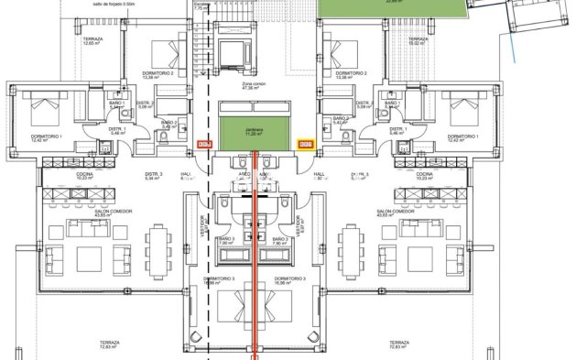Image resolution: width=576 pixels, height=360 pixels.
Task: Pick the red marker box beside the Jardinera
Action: pos(205,144)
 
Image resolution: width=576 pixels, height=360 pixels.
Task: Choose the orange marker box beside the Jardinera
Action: pos(305,144)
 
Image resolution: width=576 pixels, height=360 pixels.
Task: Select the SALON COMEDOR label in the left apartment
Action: pos(114,212)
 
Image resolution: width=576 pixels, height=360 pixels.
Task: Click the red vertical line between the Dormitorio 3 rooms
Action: pos(255,275)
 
